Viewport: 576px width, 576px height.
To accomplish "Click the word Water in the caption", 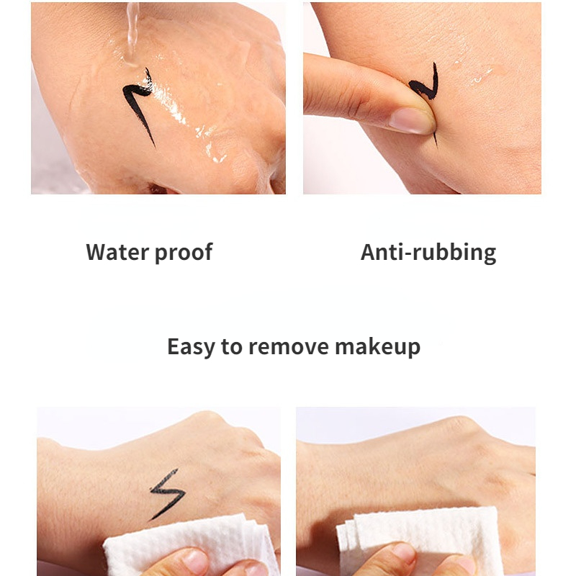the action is coord(117,252).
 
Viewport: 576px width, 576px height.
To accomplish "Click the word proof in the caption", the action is coord(184,253).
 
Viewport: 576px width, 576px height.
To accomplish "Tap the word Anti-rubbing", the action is coord(428,253).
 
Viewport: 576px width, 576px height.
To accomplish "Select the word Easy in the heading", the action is coord(191,347).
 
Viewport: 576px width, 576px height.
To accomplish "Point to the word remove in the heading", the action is coord(289,347).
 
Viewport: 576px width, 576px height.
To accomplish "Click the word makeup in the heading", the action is coord(377,347).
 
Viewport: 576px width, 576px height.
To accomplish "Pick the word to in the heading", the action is coord(231,347).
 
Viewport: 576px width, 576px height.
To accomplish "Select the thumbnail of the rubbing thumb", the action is coord(411,120).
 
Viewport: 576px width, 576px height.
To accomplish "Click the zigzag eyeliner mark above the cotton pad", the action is coord(167,494).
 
